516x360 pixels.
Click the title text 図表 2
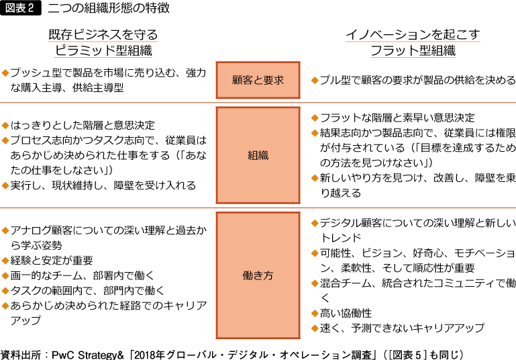tap(19, 8)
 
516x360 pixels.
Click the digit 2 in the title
tap(31, 8)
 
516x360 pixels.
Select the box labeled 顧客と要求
tap(258, 80)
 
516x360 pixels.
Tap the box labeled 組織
tap(258, 155)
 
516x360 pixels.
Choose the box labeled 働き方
tap(258, 275)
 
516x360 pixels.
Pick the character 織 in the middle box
tap(263, 155)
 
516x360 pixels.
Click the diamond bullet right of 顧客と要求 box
tap(315, 81)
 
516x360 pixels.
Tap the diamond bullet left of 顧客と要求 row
tap(5, 73)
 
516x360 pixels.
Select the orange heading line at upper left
tap(103, 42)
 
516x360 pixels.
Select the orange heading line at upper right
tap(413, 42)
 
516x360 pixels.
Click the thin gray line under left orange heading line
tap(103, 57)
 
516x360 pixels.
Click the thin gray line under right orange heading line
tap(413, 57)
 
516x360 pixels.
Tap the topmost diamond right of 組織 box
tap(315, 118)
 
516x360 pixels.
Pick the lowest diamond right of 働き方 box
tap(315, 328)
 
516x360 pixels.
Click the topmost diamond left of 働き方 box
tap(5, 230)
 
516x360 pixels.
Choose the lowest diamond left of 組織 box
tap(5, 185)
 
